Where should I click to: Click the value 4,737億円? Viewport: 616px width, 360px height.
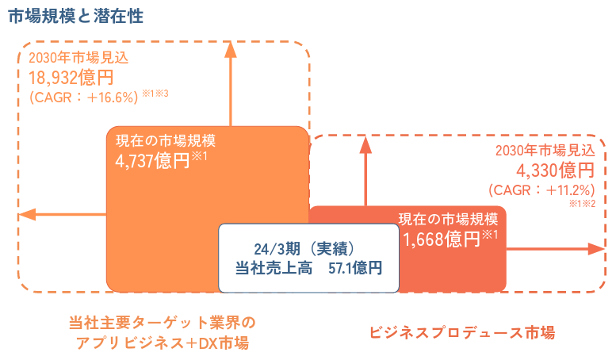tap(154, 160)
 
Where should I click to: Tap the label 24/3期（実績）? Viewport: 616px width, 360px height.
tap(308, 247)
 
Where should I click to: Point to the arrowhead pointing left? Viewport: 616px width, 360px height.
tap(25, 214)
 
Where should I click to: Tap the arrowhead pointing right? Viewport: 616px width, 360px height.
tap(597, 248)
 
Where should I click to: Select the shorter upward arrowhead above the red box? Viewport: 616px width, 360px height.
tap(366, 144)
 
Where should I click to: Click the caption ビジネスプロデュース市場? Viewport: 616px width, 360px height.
tap(462, 332)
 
